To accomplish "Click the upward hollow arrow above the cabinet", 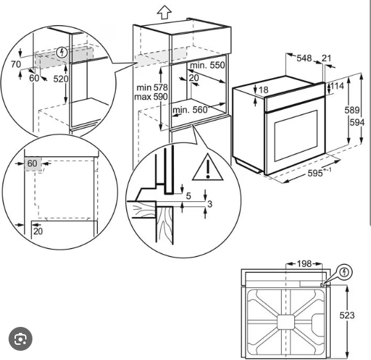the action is coord(165,12).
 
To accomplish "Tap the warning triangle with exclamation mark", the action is coord(208,167).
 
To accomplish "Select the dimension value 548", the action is coord(304,58).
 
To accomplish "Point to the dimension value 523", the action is coord(347,315).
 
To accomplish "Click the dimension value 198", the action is coord(304,263).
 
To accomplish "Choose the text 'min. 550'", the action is coord(207,65).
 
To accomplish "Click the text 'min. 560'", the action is coord(190,110).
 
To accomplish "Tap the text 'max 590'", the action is coord(151,97).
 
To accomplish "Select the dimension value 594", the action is coord(357,122).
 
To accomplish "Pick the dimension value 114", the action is coord(337,86).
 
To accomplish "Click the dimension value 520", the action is coord(61,79).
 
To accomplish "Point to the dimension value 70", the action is coord(16,64).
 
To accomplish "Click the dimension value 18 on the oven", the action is coord(264,90).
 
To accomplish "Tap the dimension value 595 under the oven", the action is coord(315,173).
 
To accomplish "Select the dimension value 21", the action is coord(327,58).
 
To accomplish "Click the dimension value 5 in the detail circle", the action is coord(188,196).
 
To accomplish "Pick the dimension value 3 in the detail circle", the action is coord(210,204).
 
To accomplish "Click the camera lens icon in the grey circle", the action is coord(21,339).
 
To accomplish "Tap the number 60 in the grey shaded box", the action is coord(32,163).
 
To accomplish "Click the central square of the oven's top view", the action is coord(286,322).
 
